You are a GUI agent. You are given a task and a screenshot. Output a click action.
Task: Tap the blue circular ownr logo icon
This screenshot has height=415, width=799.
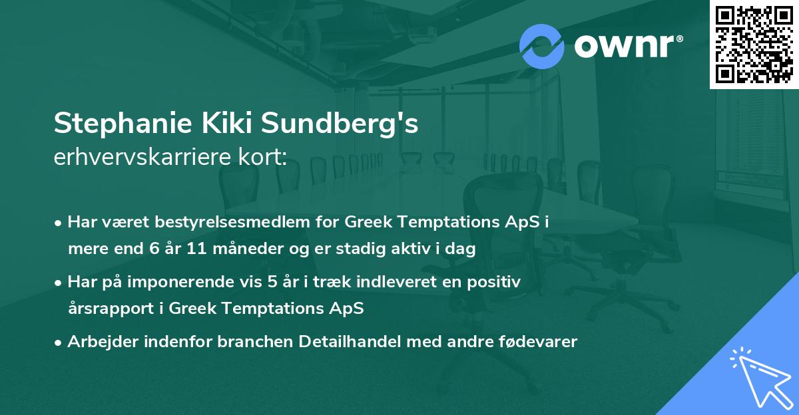tap(542, 47)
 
